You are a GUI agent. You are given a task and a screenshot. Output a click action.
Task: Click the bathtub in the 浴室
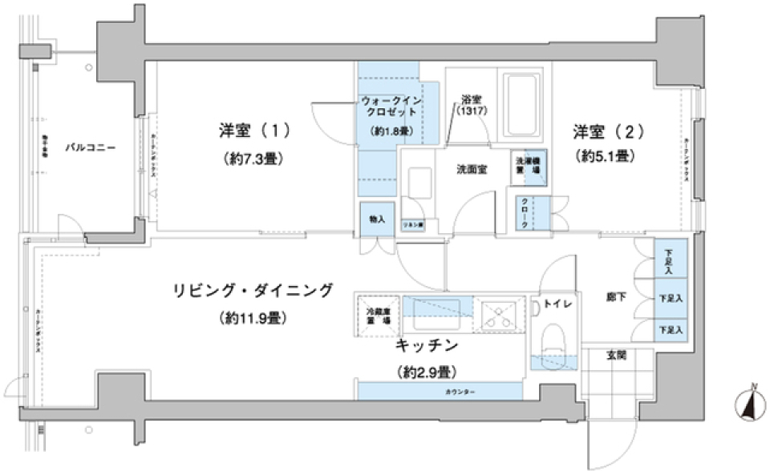(524, 105)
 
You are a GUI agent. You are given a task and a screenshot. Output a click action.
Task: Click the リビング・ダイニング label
(253, 291)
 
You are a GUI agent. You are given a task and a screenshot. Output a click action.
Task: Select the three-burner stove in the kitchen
(500, 313)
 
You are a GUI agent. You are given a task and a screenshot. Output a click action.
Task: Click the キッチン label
(426, 346)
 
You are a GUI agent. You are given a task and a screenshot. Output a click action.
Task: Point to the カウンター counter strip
(439, 391)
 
